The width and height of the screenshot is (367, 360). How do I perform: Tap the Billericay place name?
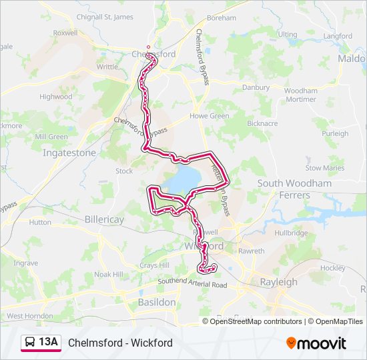(105, 219)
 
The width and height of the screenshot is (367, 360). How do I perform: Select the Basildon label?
(156, 302)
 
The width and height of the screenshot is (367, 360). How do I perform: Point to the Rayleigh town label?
(278, 282)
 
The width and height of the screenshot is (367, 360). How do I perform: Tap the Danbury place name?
(256, 87)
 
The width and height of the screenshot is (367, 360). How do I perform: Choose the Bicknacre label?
(262, 123)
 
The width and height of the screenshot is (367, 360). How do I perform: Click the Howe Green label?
(210, 115)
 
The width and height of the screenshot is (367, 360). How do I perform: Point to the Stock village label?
(124, 171)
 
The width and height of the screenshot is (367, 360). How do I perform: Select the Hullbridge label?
(291, 233)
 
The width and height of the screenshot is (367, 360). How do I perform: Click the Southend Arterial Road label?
(192, 285)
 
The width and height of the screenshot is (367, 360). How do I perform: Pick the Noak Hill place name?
(109, 274)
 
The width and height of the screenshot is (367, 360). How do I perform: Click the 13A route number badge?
(49, 343)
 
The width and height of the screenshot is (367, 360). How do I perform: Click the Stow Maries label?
(325, 168)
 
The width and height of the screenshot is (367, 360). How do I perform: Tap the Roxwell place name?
(65, 32)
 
